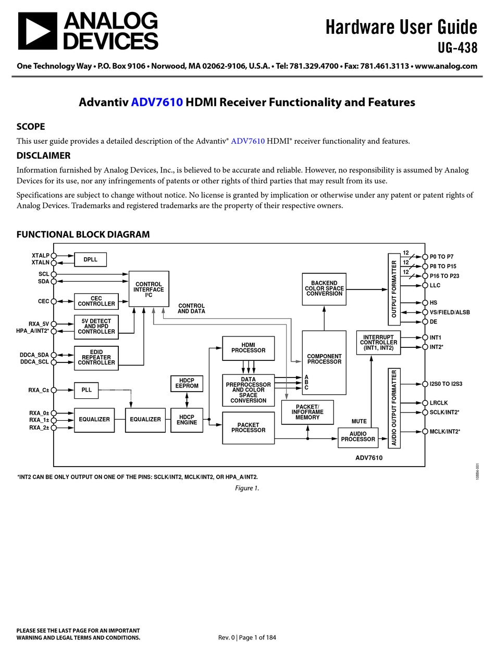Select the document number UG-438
click(457, 48)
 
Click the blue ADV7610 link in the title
click(157, 102)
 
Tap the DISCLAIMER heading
click(43, 155)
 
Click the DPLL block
click(91, 259)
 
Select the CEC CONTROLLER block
click(96, 301)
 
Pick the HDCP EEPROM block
click(187, 383)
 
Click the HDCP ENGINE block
click(187, 420)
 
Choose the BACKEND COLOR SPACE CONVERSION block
click(324, 288)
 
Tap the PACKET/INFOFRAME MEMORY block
click(307, 412)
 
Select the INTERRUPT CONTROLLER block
click(379, 343)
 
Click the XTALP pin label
click(40, 256)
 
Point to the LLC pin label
click(435, 285)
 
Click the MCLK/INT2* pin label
click(444, 432)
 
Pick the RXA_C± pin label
click(39, 390)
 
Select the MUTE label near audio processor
click(359, 421)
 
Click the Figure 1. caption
click(247, 488)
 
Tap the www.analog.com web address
click(446, 66)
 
